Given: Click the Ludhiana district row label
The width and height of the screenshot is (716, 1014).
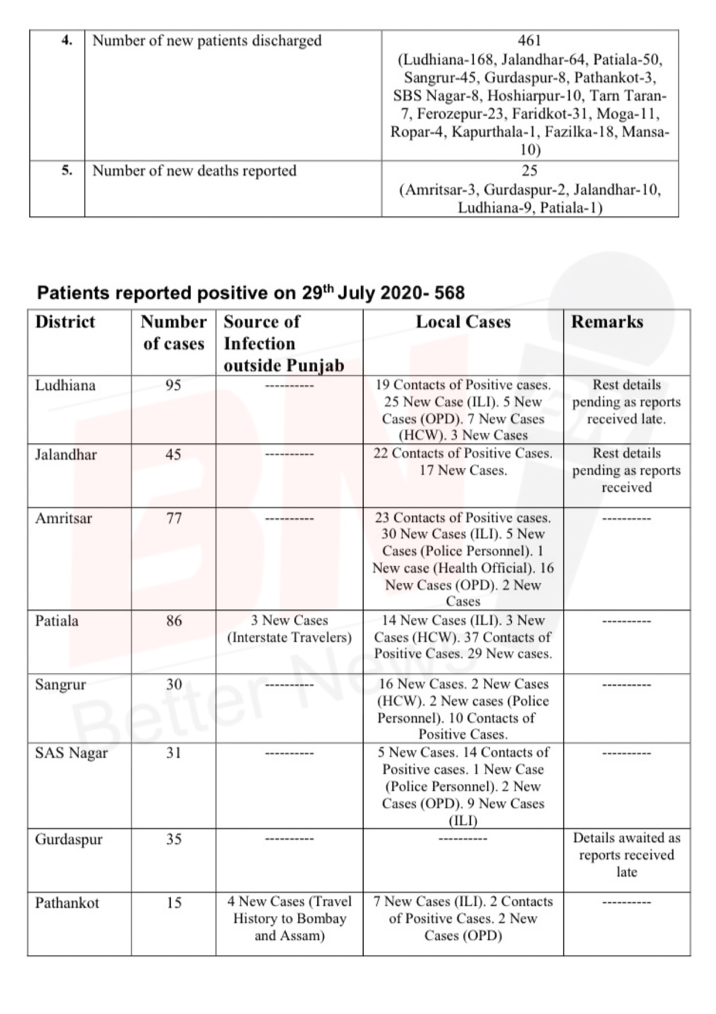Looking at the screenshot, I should (x=65, y=386).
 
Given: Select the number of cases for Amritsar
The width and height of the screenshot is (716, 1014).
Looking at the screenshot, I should (x=174, y=518).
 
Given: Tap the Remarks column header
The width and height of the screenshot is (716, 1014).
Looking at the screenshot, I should (x=607, y=322).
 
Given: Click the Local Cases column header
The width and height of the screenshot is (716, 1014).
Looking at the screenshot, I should (x=463, y=322).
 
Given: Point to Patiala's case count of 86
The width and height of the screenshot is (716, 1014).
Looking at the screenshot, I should (x=174, y=620).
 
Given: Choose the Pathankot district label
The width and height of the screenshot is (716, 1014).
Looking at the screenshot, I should (x=67, y=903).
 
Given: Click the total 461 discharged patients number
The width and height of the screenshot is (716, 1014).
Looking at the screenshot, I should (x=530, y=41).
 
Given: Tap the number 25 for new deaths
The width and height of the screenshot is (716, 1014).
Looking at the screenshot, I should (x=530, y=171).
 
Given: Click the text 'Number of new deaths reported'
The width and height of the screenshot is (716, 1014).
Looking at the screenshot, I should (x=194, y=171).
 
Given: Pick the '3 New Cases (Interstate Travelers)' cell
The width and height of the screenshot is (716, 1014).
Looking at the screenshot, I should (x=289, y=629).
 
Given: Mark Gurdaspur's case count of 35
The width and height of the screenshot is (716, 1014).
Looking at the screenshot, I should (x=174, y=839).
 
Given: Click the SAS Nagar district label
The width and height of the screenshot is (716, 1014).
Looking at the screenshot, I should (x=71, y=753).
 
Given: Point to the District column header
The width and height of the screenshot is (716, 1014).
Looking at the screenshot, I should (x=65, y=322).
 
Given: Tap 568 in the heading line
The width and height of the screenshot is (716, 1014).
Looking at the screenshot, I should (x=449, y=293).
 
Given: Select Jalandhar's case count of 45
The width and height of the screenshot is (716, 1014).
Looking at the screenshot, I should (x=174, y=454).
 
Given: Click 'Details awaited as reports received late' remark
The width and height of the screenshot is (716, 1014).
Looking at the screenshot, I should (x=626, y=854).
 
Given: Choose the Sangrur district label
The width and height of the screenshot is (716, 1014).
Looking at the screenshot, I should (x=60, y=684).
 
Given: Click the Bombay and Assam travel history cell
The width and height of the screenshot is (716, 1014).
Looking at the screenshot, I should (x=289, y=919).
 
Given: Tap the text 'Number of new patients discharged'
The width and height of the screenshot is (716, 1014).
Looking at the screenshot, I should (x=207, y=41).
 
